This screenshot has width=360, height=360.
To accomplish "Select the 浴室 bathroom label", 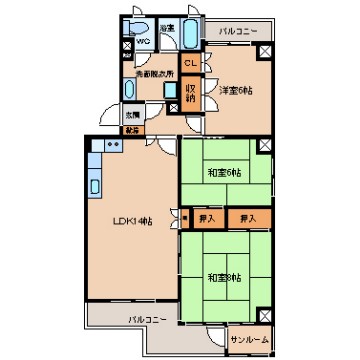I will (x=166, y=27).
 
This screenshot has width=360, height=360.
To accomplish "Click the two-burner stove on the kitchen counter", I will (x=110, y=145).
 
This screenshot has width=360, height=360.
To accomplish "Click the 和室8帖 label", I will (x=223, y=276).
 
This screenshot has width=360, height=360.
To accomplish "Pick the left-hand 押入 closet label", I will (x=206, y=216).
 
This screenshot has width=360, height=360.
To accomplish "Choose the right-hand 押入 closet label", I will (x=247, y=216).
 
